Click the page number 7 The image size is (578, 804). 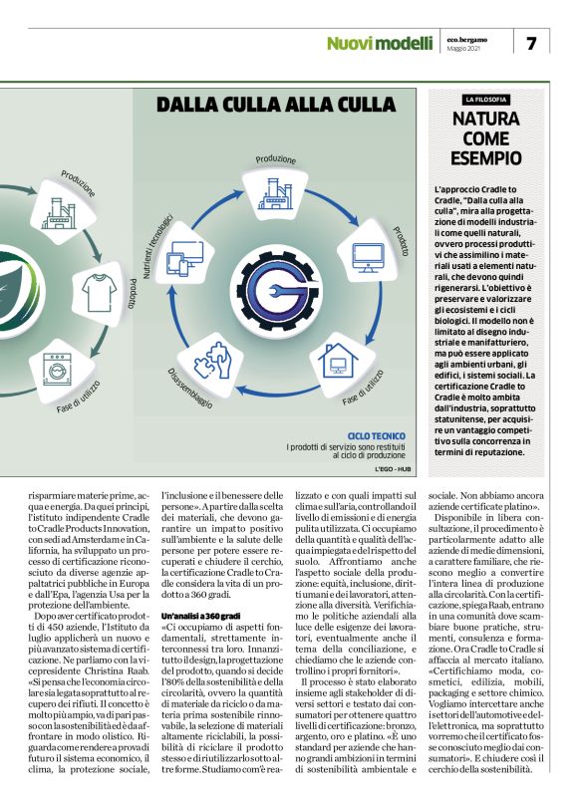point(531,43)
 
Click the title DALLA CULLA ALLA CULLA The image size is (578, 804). point(284,104)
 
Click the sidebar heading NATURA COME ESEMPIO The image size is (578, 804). point(485,137)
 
